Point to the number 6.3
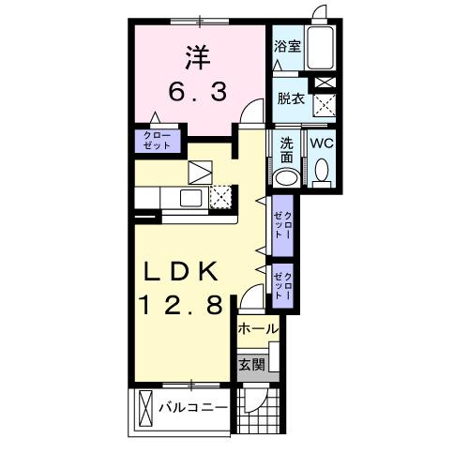click(197, 93)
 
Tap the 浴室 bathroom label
click(287, 46)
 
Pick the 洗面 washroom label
click(287, 151)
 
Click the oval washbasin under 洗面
click(289, 177)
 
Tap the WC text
click(321, 144)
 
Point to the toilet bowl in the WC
click(321, 173)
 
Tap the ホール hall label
click(257, 329)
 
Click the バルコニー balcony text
click(192, 408)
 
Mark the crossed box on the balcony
click(145, 408)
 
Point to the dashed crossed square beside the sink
click(221, 196)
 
